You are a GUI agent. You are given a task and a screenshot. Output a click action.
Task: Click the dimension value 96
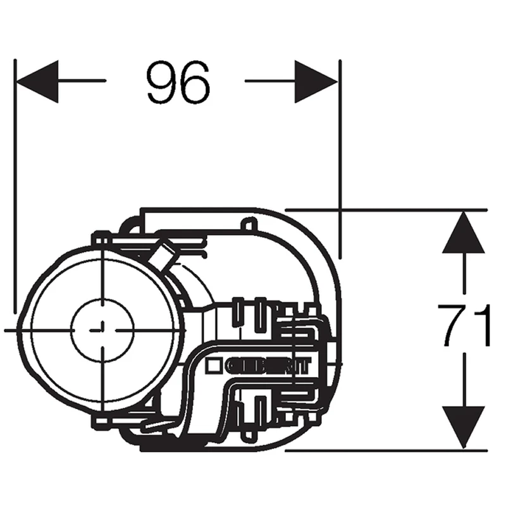pyautogui.click(x=178, y=83)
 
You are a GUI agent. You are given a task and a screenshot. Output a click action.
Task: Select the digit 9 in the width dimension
pyautogui.click(x=161, y=83)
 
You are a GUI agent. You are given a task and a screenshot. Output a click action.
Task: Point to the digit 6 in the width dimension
pyautogui.click(x=194, y=83)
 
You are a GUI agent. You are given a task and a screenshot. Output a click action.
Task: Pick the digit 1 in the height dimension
pyautogui.click(x=482, y=326)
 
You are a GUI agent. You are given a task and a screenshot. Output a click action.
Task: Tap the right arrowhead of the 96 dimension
pyautogui.click(x=316, y=81)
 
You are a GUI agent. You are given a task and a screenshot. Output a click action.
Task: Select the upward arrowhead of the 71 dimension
pyautogui.click(x=464, y=233)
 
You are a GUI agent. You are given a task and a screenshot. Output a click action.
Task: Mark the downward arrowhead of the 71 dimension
pyautogui.click(x=464, y=428)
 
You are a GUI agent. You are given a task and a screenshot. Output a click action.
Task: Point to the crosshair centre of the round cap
pyautogui.click(x=102, y=330)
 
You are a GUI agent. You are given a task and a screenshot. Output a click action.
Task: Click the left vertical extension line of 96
pyautogui.click(x=14, y=190)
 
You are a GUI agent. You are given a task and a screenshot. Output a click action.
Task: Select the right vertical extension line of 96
pyautogui.click(x=340, y=158)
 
